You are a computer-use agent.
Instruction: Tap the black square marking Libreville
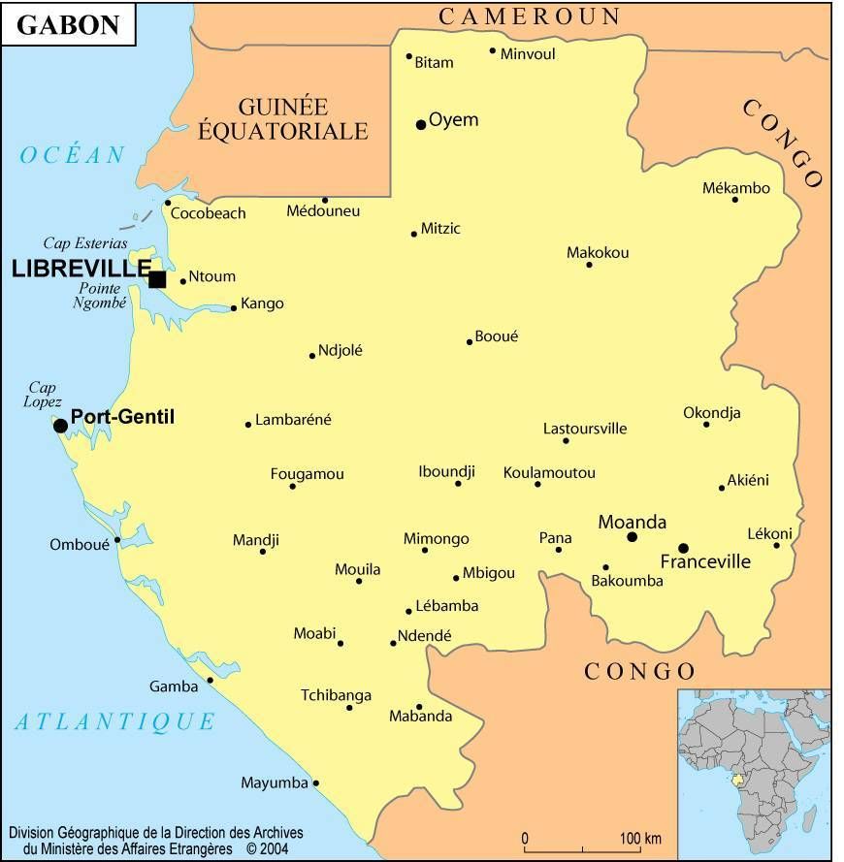[157, 279]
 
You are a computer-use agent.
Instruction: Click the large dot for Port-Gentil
[60, 425]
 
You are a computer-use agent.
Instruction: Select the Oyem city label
[454, 120]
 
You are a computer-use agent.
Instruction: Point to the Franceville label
[705, 561]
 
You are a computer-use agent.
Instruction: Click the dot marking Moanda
[632, 536]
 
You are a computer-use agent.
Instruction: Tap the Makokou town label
[598, 253]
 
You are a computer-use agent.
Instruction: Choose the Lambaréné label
[293, 420]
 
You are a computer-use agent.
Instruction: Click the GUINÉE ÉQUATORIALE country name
[283, 119]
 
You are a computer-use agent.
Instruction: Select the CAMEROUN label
[530, 16]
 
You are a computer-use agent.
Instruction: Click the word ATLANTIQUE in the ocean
[114, 721]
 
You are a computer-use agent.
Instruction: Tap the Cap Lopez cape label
[44, 395]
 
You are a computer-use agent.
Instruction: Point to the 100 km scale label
[640, 838]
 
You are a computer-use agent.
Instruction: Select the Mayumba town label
[274, 782]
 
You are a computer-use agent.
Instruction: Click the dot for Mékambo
[735, 200]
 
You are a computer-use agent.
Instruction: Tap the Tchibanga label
[336, 695]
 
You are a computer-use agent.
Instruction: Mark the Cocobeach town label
[209, 213]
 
